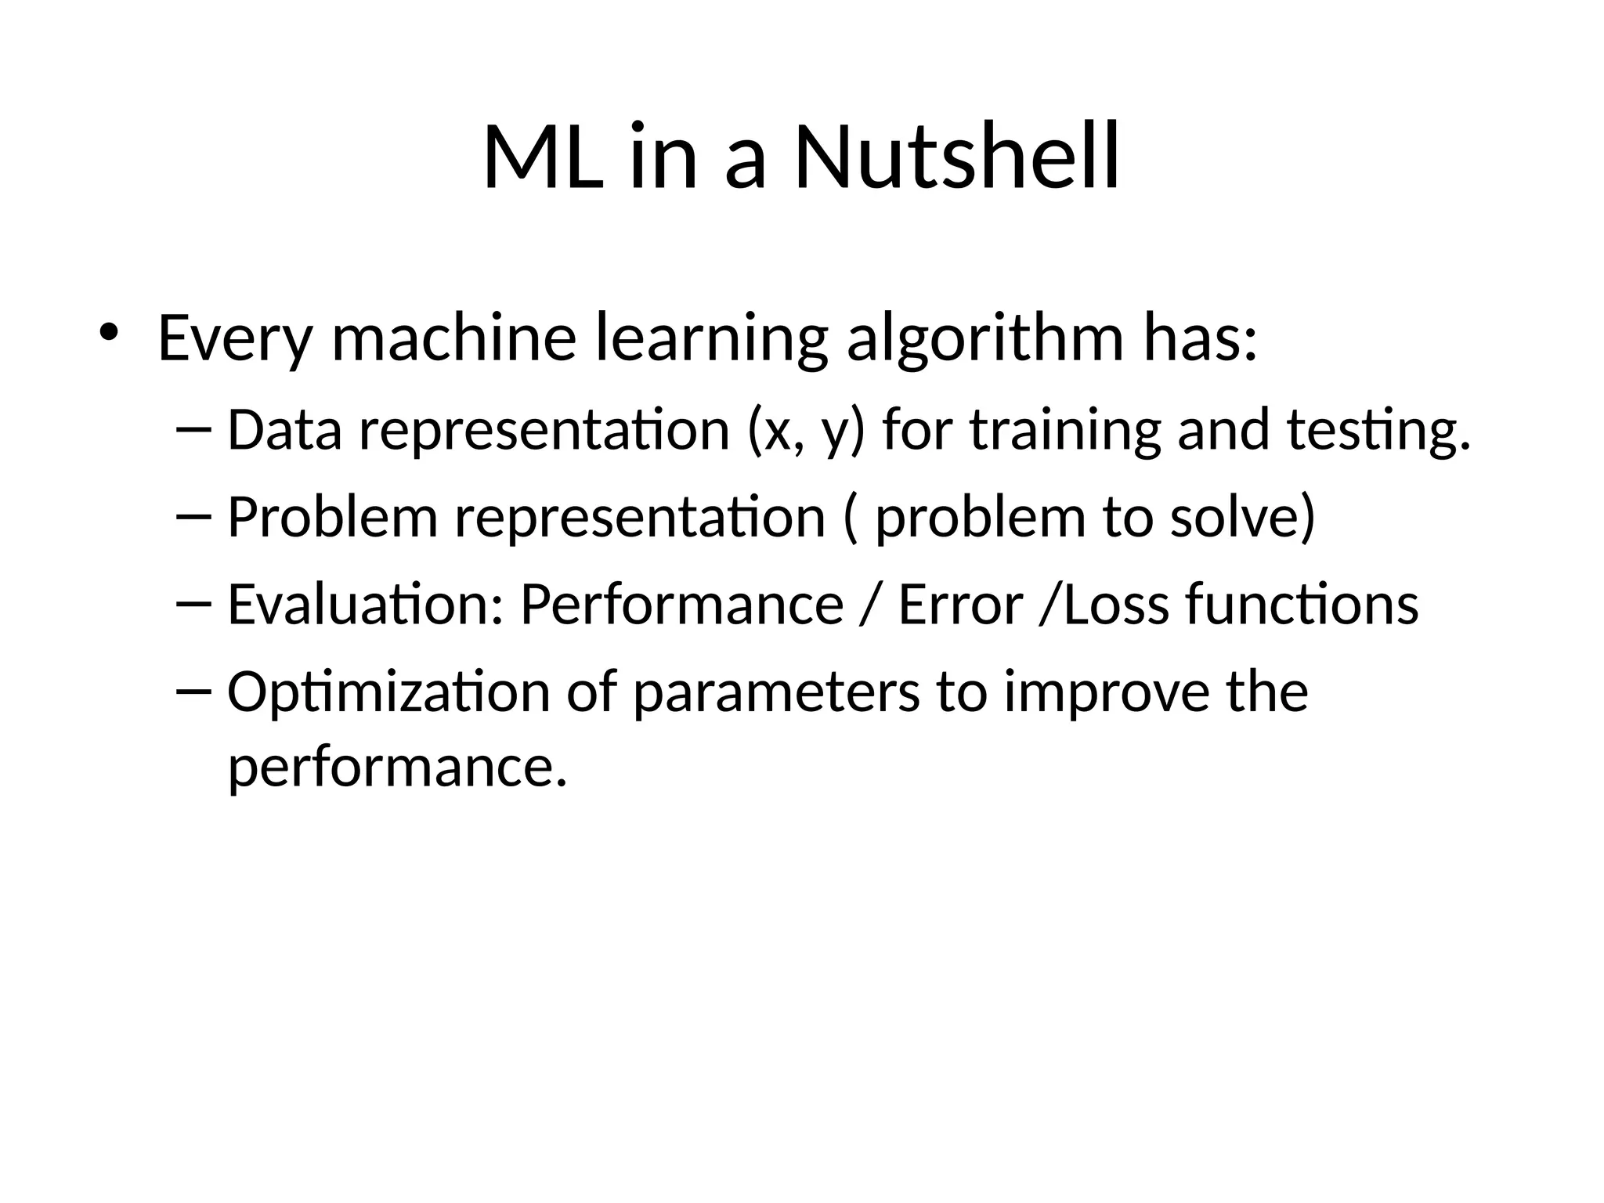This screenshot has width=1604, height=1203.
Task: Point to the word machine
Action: coord(454,338)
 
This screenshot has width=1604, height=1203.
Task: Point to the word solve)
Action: coord(1242,518)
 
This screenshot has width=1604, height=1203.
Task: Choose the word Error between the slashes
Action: coord(960,605)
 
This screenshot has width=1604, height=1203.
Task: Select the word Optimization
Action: coord(388,693)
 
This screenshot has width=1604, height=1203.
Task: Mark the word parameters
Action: coord(776,693)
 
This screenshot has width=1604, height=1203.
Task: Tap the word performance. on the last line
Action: coord(396,767)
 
